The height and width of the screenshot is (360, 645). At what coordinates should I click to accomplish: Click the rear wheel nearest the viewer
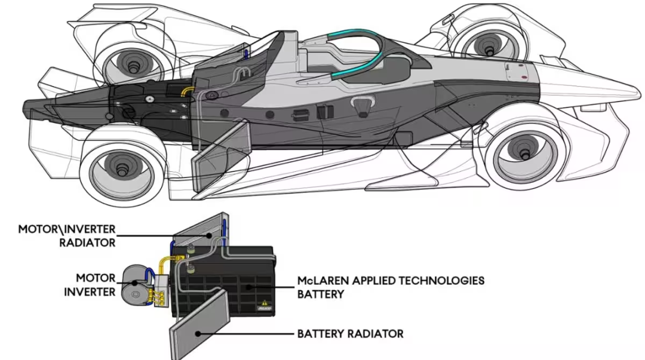(x=122, y=167)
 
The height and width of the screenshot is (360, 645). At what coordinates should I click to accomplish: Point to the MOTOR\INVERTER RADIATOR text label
(x=67, y=235)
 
